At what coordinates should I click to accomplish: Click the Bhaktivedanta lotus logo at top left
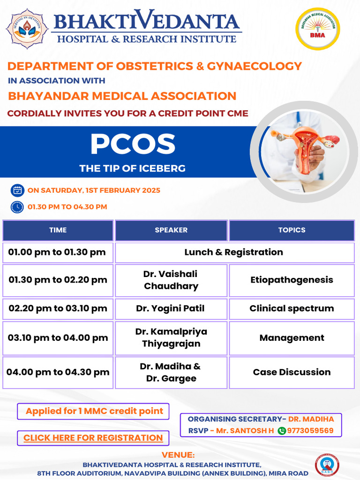(x=27, y=28)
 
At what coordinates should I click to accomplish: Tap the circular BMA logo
(x=317, y=29)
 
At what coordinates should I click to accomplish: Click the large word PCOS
(x=133, y=144)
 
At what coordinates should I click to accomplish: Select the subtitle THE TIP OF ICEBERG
(x=133, y=168)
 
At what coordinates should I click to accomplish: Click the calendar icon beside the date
(x=17, y=190)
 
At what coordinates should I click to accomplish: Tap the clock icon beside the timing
(x=17, y=207)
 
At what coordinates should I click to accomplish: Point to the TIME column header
(x=58, y=230)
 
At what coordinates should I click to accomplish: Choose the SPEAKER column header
(x=171, y=230)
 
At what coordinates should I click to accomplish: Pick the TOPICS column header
(x=292, y=230)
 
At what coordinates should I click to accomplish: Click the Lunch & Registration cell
(x=234, y=252)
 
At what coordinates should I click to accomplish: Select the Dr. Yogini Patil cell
(x=171, y=308)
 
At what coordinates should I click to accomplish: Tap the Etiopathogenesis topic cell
(x=292, y=280)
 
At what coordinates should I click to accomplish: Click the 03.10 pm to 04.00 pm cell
(x=58, y=338)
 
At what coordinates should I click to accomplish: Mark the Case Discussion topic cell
(x=292, y=372)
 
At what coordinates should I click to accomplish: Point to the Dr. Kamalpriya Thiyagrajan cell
(x=171, y=338)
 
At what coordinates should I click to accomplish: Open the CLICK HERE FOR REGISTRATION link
(x=93, y=438)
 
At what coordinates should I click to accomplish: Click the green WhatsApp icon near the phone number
(x=282, y=431)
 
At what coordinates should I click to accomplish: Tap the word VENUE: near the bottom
(x=178, y=455)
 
